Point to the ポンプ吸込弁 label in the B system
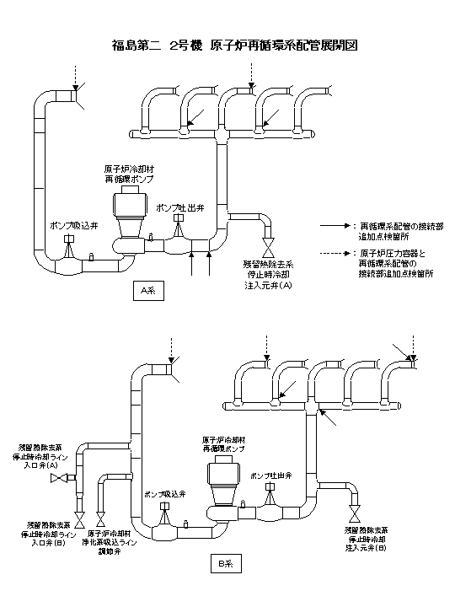coord(163,493)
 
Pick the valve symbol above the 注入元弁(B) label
coord(354,513)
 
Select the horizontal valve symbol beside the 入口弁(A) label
coord(60,478)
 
